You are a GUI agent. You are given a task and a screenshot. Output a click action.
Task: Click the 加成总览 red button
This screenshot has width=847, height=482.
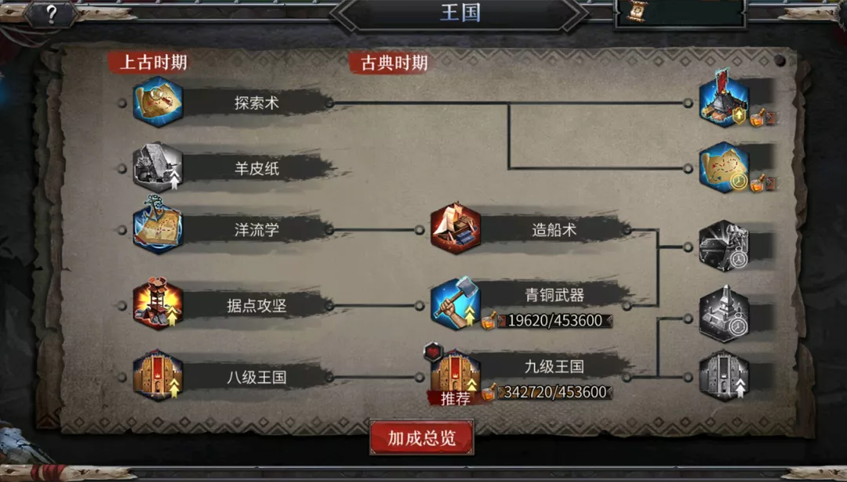tap(421, 437)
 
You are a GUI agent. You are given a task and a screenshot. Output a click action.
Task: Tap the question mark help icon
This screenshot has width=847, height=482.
tap(51, 14)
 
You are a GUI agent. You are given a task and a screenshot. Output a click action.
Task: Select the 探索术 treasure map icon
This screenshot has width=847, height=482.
tap(158, 102)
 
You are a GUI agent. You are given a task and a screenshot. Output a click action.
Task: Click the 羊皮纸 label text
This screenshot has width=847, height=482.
tap(256, 168)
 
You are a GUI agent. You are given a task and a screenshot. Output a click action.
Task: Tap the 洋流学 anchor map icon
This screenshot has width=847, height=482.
tap(158, 227)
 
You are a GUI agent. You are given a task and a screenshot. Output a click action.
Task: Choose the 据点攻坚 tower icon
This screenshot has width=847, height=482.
tap(158, 304)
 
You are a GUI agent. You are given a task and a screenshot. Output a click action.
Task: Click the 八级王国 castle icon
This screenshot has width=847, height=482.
tap(158, 375)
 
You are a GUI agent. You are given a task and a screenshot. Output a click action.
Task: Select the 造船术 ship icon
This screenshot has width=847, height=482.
tap(456, 228)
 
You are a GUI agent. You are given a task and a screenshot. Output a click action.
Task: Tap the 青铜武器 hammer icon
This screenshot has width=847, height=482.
tap(456, 304)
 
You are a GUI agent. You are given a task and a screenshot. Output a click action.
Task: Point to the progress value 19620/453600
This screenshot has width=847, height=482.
tap(554, 321)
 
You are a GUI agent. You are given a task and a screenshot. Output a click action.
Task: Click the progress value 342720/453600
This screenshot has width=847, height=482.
tap(554, 393)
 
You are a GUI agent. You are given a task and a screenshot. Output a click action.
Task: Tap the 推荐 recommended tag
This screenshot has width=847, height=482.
tap(455, 399)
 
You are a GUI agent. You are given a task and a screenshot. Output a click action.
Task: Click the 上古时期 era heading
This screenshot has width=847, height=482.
tap(154, 62)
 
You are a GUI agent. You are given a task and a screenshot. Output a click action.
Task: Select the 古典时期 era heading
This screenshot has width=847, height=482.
tap(394, 63)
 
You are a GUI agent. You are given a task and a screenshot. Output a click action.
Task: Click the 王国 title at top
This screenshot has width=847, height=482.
tap(460, 13)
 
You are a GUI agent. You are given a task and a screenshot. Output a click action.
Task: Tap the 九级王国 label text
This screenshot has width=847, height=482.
tap(554, 367)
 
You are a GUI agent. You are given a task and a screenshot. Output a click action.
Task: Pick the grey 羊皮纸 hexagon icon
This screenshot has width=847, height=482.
tap(158, 167)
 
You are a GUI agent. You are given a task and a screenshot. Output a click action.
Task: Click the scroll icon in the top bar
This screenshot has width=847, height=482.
tap(638, 11)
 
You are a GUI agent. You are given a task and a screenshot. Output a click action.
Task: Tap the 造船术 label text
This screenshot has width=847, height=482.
tap(554, 230)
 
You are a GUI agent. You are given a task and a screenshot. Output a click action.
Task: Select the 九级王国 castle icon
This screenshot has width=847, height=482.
tap(456, 375)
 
